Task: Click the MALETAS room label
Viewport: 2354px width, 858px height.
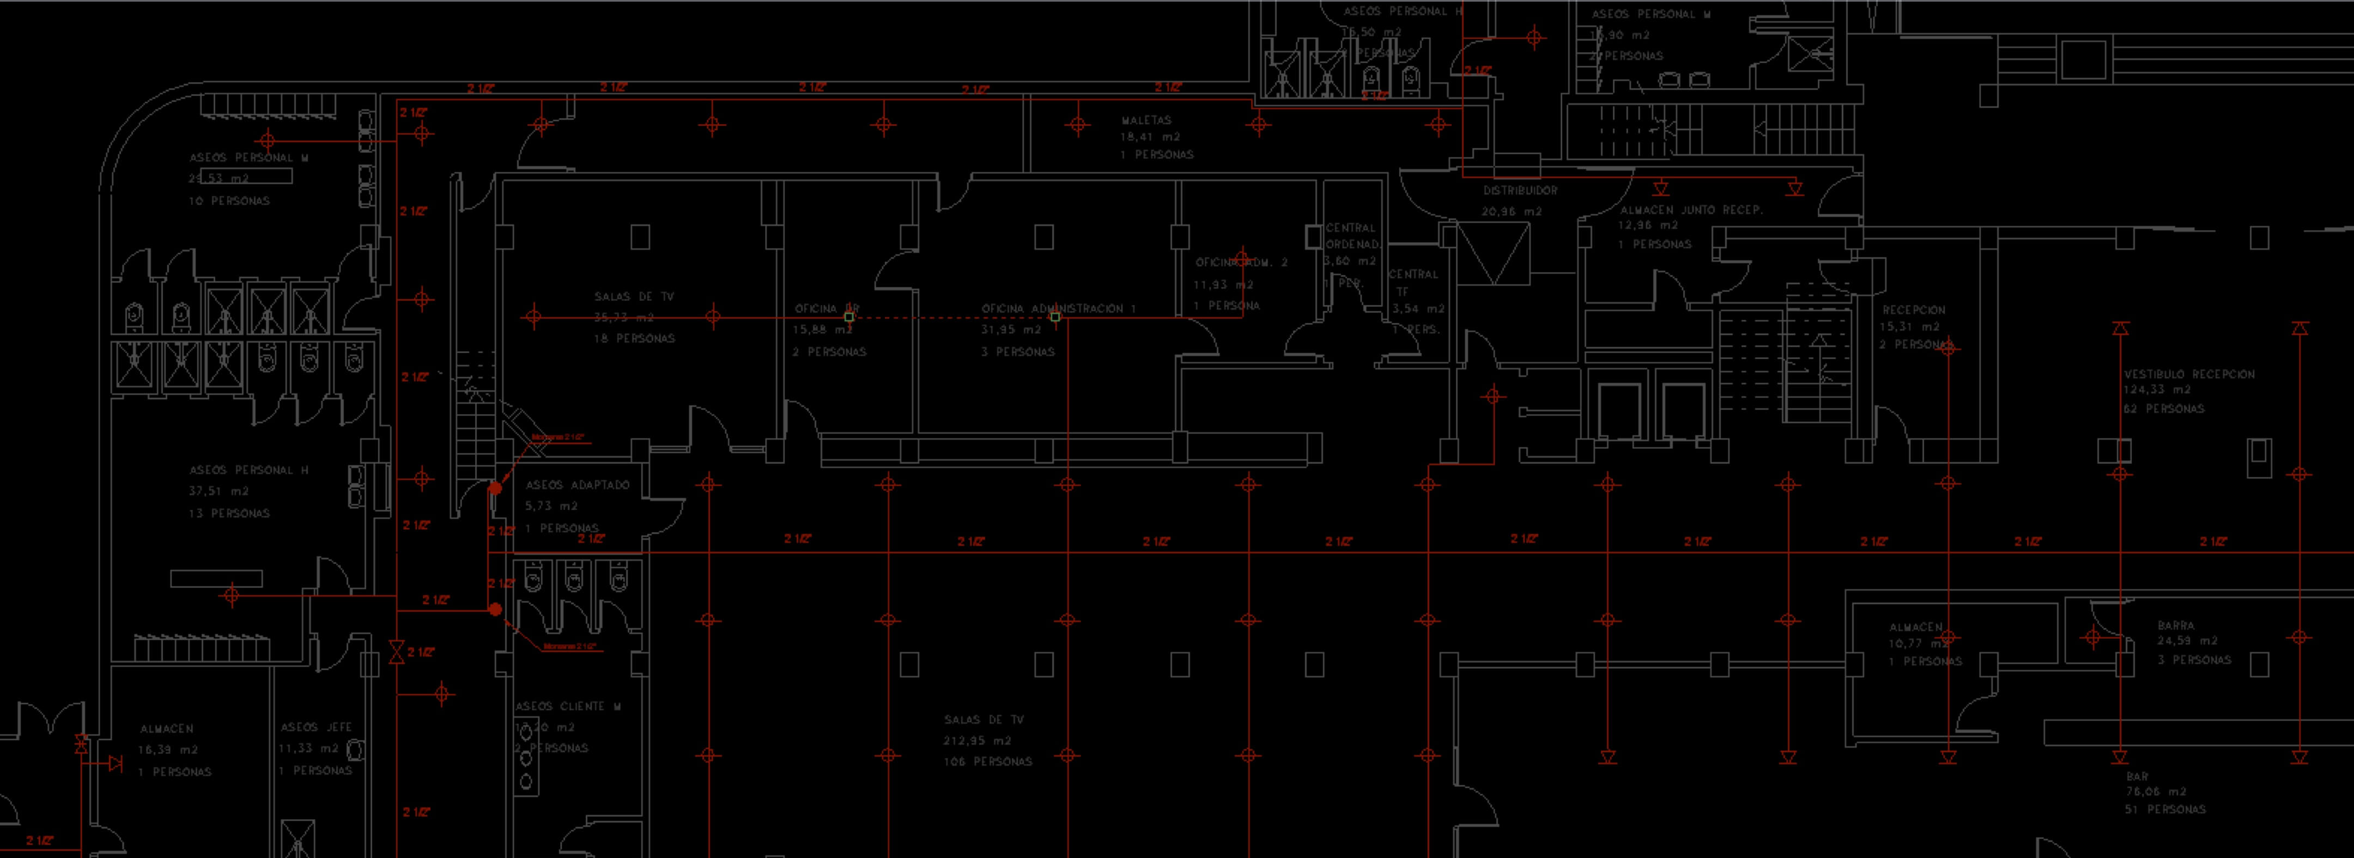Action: click(1146, 120)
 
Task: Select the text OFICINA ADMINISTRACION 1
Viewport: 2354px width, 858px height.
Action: click(1058, 309)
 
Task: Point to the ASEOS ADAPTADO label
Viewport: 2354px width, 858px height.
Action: click(578, 485)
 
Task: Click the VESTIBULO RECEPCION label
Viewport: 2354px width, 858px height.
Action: click(2188, 374)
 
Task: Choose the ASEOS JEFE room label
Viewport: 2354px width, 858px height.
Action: click(316, 727)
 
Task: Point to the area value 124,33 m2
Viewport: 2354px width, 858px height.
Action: click(2157, 390)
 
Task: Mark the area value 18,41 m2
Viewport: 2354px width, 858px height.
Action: click(1150, 137)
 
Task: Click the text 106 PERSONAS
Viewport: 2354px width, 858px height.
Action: click(988, 761)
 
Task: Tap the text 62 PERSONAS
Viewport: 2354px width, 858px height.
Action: click(2163, 409)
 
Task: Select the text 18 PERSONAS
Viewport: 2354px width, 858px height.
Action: click(634, 338)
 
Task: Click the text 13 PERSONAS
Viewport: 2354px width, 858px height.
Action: click(229, 514)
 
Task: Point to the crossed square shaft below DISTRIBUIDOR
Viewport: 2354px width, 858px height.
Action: click(1493, 253)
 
